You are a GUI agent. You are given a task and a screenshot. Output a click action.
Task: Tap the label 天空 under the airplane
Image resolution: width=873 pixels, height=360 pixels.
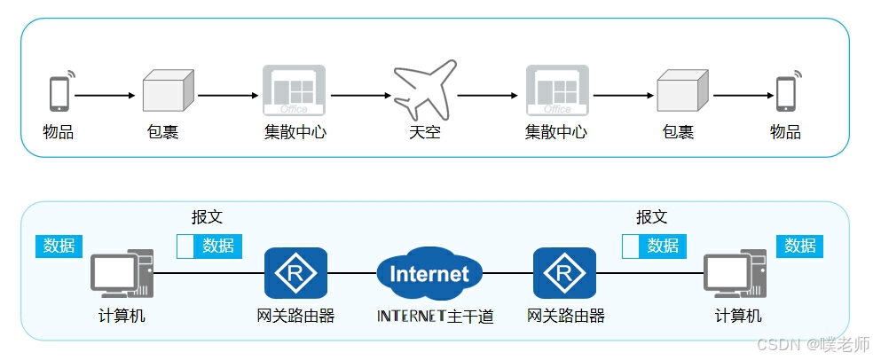click(x=424, y=133)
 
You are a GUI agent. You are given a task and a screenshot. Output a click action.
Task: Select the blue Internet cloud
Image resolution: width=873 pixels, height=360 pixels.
click(x=429, y=272)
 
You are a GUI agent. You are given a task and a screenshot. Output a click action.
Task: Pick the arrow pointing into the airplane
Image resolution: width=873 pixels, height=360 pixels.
click(x=360, y=94)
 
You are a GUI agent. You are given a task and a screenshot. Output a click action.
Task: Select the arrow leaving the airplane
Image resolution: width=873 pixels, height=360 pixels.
click(x=487, y=94)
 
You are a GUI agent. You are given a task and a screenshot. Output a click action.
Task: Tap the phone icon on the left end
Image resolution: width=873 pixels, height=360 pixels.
click(x=59, y=92)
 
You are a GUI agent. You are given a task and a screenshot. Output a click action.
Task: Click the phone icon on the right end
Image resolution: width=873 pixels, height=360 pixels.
click(x=785, y=92)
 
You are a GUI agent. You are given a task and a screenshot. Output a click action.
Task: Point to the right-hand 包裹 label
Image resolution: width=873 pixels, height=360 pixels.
click(x=678, y=133)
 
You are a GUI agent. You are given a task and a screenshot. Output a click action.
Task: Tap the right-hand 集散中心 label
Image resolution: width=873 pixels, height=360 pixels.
click(x=556, y=133)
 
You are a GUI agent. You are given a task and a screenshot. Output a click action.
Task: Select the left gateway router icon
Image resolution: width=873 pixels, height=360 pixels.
click(x=295, y=272)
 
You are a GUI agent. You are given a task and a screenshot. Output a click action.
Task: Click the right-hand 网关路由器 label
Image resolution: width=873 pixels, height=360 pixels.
click(x=565, y=316)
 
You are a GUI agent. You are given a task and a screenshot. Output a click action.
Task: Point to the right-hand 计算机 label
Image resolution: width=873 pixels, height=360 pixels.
click(x=738, y=316)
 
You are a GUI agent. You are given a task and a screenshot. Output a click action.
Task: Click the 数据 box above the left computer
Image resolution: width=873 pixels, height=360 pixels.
click(x=59, y=246)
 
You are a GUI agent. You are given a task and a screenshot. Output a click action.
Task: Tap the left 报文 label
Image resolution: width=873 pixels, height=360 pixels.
click(x=207, y=217)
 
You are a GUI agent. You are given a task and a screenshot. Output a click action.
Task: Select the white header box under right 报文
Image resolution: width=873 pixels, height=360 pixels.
click(x=631, y=247)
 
